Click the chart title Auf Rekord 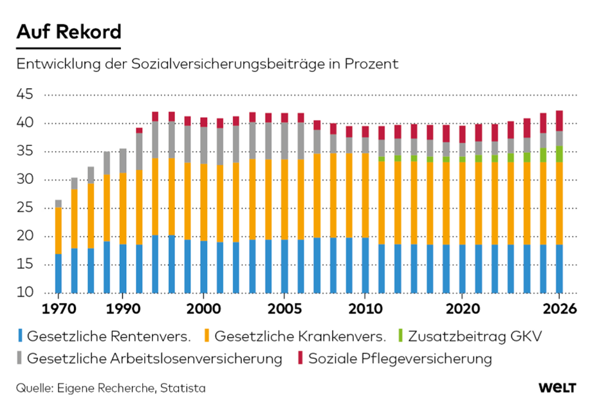pos(68,32)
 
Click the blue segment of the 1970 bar pos(59,273)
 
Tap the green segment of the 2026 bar pos(559,154)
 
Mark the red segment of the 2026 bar pos(559,121)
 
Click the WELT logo pos(557,388)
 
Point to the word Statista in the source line pos(184,388)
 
